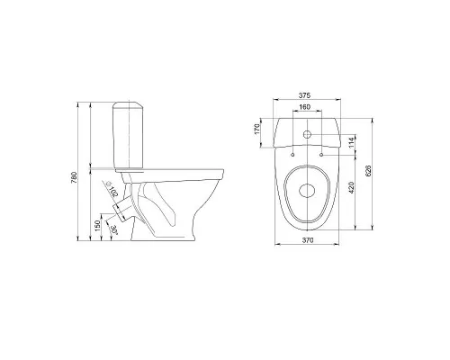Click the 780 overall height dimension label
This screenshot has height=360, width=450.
click(74, 177)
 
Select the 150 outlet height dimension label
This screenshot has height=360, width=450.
click(97, 226)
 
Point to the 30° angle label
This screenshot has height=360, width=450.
click(114, 229)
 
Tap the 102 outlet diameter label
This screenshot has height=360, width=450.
click(113, 192)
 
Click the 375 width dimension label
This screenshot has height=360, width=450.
click(304, 95)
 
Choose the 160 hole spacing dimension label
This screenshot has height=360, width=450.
click(304, 107)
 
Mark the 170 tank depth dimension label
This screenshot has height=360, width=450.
click(256, 129)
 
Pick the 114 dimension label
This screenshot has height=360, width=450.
click(352, 142)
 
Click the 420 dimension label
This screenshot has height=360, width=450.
click(352, 187)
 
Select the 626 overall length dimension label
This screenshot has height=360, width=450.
click(369, 171)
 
